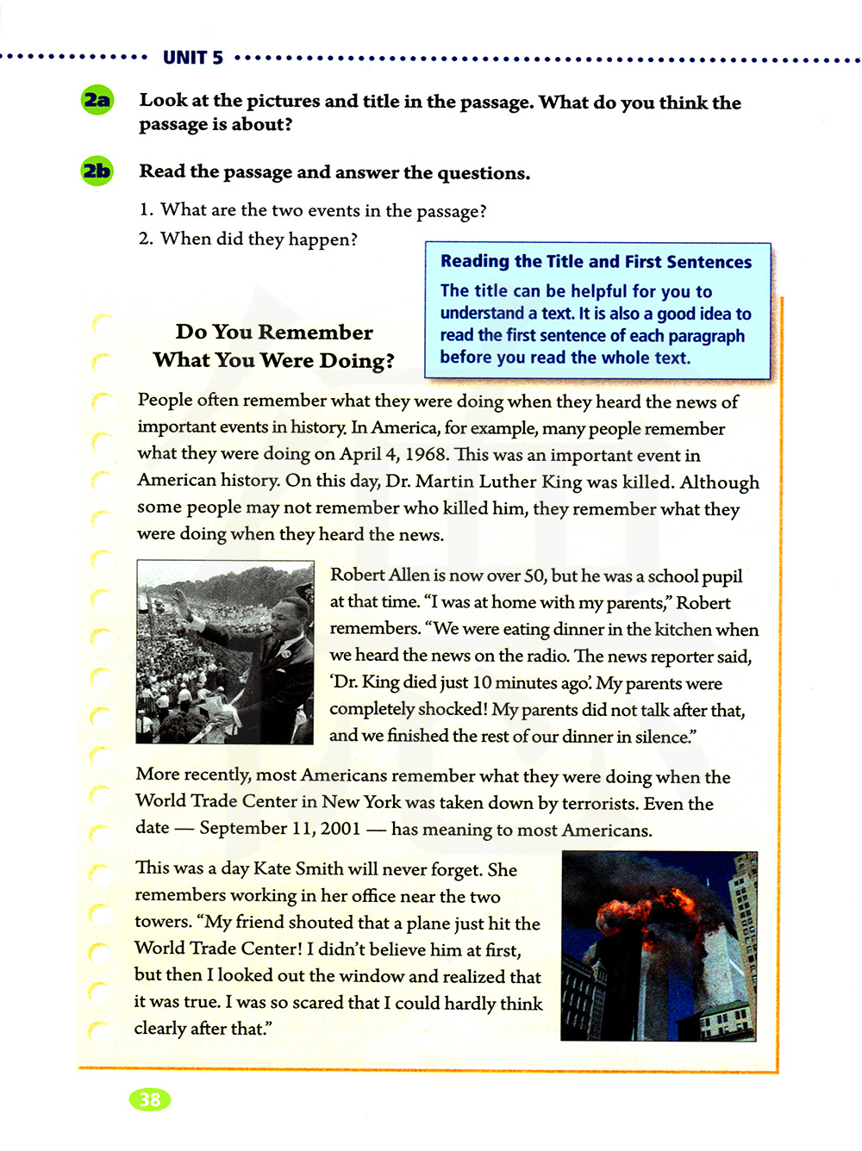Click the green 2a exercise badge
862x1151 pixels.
(x=97, y=101)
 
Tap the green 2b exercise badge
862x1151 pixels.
(x=97, y=171)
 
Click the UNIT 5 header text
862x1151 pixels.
(x=193, y=58)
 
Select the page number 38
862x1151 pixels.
(x=150, y=1099)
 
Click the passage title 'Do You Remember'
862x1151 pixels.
(x=274, y=333)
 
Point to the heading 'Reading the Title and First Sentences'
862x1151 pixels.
(x=596, y=262)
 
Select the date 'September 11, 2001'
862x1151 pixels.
(x=280, y=828)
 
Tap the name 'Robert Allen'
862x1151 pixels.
(x=379, y=575)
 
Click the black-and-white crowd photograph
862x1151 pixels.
(x=225, y=652)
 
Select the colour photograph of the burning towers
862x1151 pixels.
(x=659, y=946)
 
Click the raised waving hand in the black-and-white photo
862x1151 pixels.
(x=181, y=597)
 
